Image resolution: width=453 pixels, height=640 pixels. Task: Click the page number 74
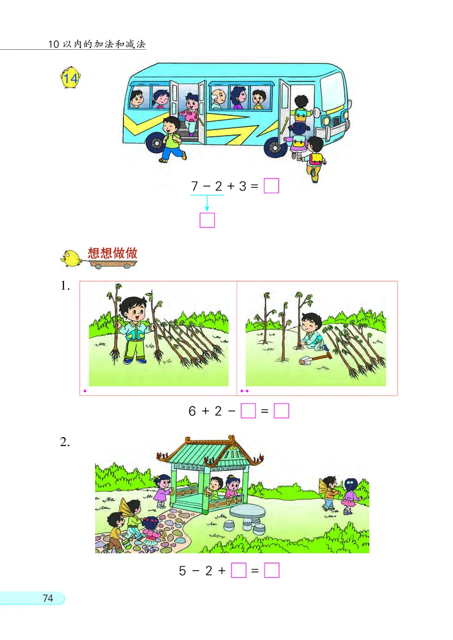(x=48, y=598)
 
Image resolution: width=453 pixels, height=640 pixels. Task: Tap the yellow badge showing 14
(x=71, y=80)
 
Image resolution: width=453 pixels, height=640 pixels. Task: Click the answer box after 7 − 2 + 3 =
(x=271, y=185)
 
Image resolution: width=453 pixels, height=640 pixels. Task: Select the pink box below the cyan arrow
(x=207, y=219)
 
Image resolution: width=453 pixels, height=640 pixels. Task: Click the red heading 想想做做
(x=113, y=253)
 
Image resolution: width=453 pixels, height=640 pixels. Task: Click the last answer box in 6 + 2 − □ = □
(x=281, y=411)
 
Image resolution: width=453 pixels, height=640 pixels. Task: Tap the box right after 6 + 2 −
(x=249, y=411)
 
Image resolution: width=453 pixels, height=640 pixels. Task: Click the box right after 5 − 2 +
(x=239, y=570)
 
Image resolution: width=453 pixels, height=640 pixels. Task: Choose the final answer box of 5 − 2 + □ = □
(x=272, y=570)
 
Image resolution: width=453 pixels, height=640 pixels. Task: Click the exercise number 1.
(x=65, y=286)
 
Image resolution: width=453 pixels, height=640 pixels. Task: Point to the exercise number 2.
(x=65, y=443)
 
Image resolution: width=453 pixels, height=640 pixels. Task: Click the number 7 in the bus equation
(x=194, y=186)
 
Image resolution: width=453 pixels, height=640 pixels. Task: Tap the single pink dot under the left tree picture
(x=85, y=391)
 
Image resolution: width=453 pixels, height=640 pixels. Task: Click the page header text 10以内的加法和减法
(x=97, y=44)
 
